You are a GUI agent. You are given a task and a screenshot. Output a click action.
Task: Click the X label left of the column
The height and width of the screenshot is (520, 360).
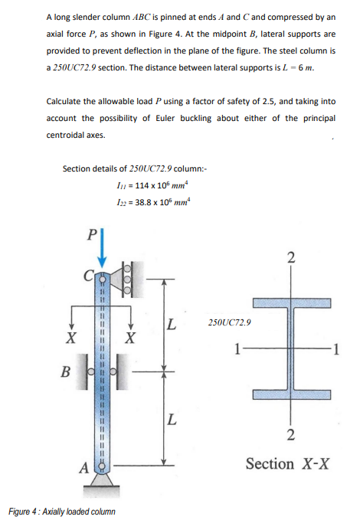71,338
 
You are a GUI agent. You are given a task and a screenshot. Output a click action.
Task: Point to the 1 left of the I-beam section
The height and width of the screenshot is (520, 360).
240,350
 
